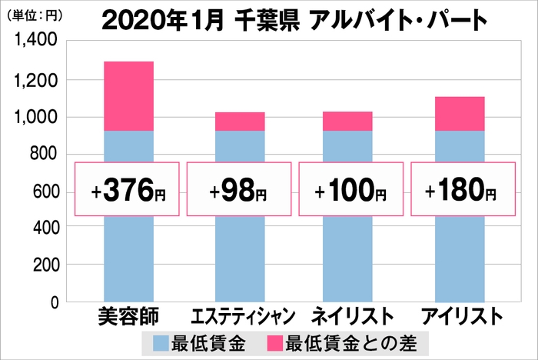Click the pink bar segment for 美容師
128,96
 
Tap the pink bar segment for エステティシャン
240,122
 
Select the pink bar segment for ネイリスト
351,122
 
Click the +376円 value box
128,188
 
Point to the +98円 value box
240,188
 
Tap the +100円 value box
351,188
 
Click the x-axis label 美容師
128,316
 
